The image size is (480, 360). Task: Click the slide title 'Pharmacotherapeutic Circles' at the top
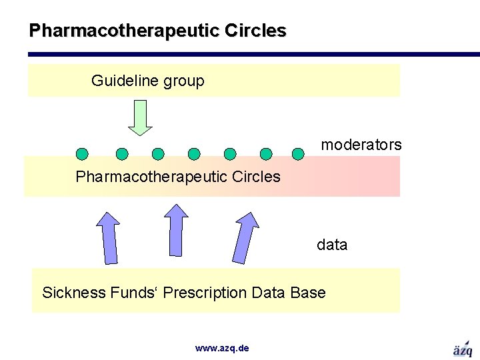pyautogui.click(x=157, y=31)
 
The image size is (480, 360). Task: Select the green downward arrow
pyautogui.click(x=140, y=117)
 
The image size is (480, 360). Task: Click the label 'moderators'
pyautogui.click(x=361, y=145)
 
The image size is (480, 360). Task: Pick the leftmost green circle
pyautogui.click(x=82, y=154)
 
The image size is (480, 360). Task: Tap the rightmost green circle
pyautogui.click(x=299, y=154)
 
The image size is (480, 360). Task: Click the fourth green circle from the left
pyautogui.click(x=194, y=154)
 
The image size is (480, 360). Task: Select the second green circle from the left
pyautogui.click(x=122, y=154)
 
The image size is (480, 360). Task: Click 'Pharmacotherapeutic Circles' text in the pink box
pyautogui.click(x=178, y=177)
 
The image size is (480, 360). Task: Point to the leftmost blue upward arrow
pyautogui.click(x=109, y=237)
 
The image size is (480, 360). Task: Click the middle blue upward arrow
pyautogui.click(x=177, y=229)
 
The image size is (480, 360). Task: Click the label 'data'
pyautogui.click(x=332, y=245)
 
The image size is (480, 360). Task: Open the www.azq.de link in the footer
pyautogui.click(x=222, y=348)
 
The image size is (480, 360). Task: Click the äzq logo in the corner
pyautogui.click(x=463, y=349)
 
